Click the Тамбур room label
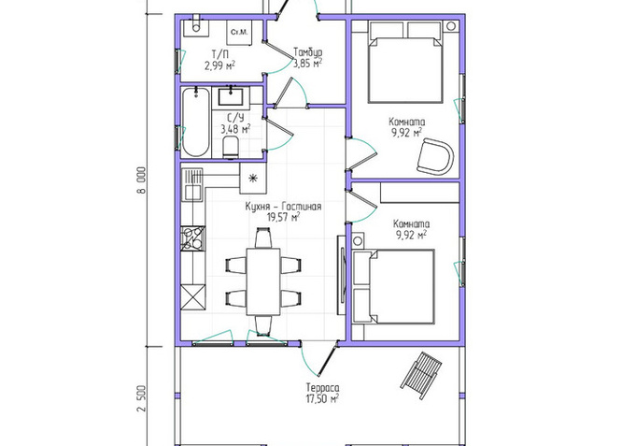308,52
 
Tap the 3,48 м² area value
235,130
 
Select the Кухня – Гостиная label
283,207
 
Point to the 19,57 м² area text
283,217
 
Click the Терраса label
323,387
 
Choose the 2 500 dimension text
141,398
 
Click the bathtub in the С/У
196,122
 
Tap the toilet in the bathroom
231,147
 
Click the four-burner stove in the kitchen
193,238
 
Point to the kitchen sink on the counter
192,192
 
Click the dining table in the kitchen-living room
263,281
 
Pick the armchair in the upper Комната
435,156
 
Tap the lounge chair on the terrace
421,375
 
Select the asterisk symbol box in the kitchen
253,179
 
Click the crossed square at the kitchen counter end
193,298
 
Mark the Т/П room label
218,54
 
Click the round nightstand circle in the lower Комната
358,241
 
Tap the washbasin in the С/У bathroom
232,96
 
